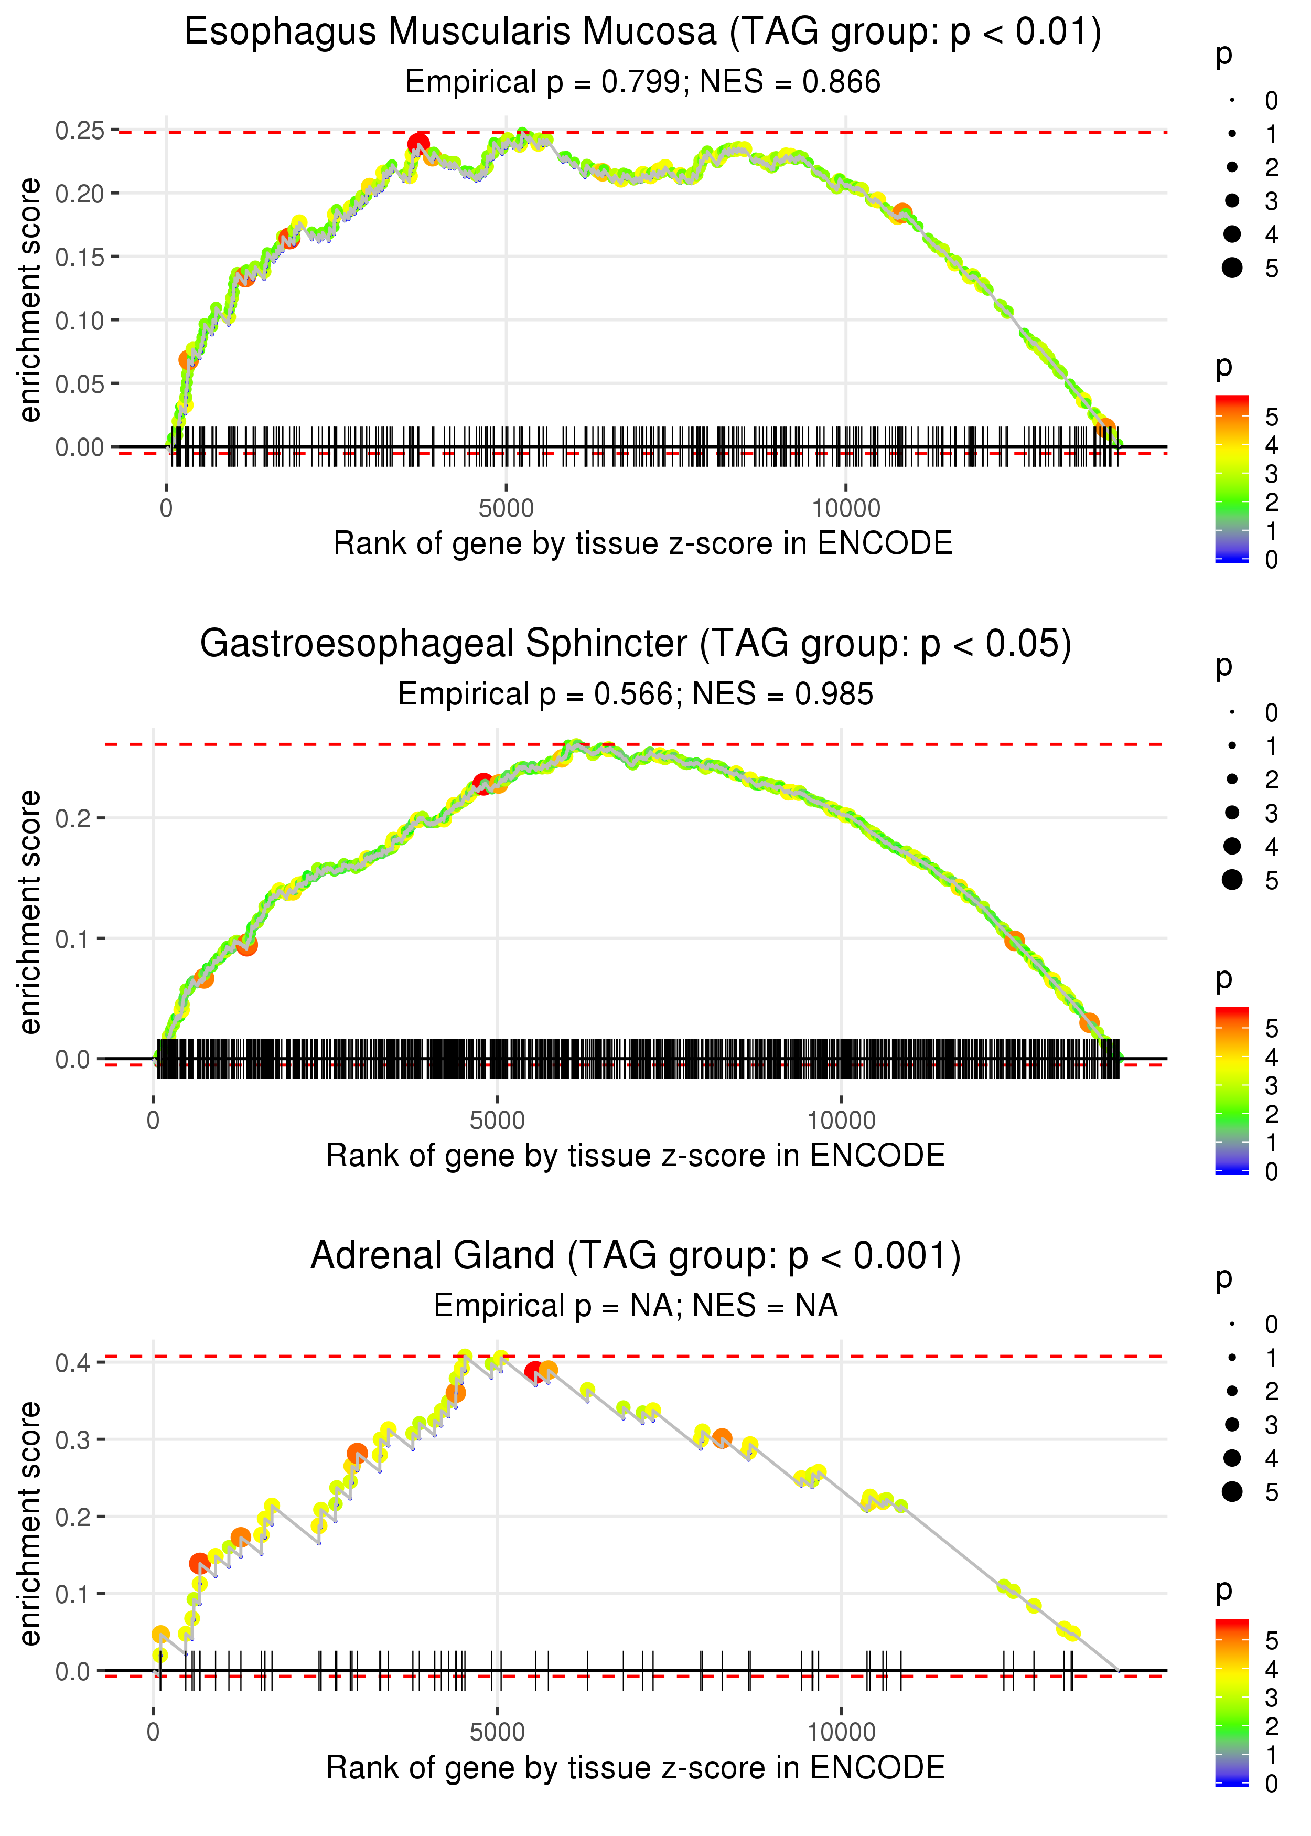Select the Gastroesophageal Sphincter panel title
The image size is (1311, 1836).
[636, 644]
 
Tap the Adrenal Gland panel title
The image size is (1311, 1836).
[636, 1256]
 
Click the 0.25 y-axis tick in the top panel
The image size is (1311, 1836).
[80, 130]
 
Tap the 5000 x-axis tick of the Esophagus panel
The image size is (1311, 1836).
[506, 509]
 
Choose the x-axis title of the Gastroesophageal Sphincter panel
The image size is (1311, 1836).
[636, 1156]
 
